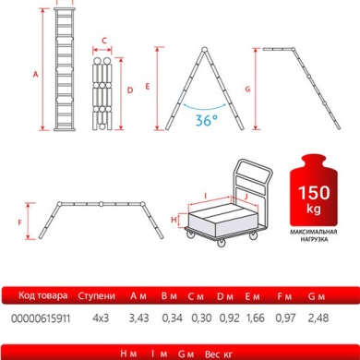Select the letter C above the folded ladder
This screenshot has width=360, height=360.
(104, 41)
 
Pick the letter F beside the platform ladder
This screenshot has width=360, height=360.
(19, 222)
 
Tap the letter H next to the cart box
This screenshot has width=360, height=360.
(174, 219)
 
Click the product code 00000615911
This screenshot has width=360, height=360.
(35, 317)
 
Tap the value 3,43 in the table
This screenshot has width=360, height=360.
(138, 317)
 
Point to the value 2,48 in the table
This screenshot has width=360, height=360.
(321, 317)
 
